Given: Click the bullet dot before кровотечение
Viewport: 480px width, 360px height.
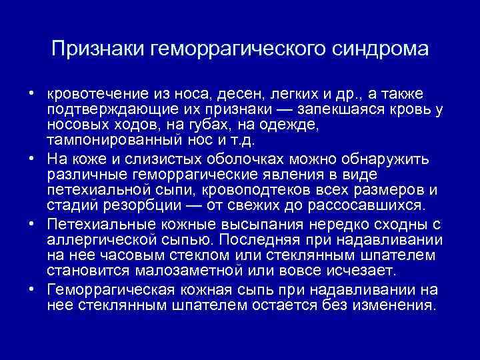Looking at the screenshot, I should [x=31, y=93].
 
